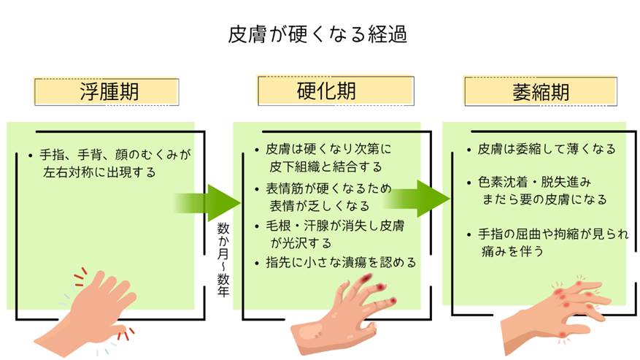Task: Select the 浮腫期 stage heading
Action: [109, 91]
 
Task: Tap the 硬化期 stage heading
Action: [326, 91]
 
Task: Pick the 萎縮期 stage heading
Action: [541, 92]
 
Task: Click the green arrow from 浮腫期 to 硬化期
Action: [207, 203]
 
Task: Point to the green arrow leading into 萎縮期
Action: [417, 199]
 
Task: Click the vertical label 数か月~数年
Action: [223, 259]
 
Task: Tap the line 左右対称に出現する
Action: [99, 172]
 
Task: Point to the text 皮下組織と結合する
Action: [325, 166]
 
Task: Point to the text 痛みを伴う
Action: [512, 251]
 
